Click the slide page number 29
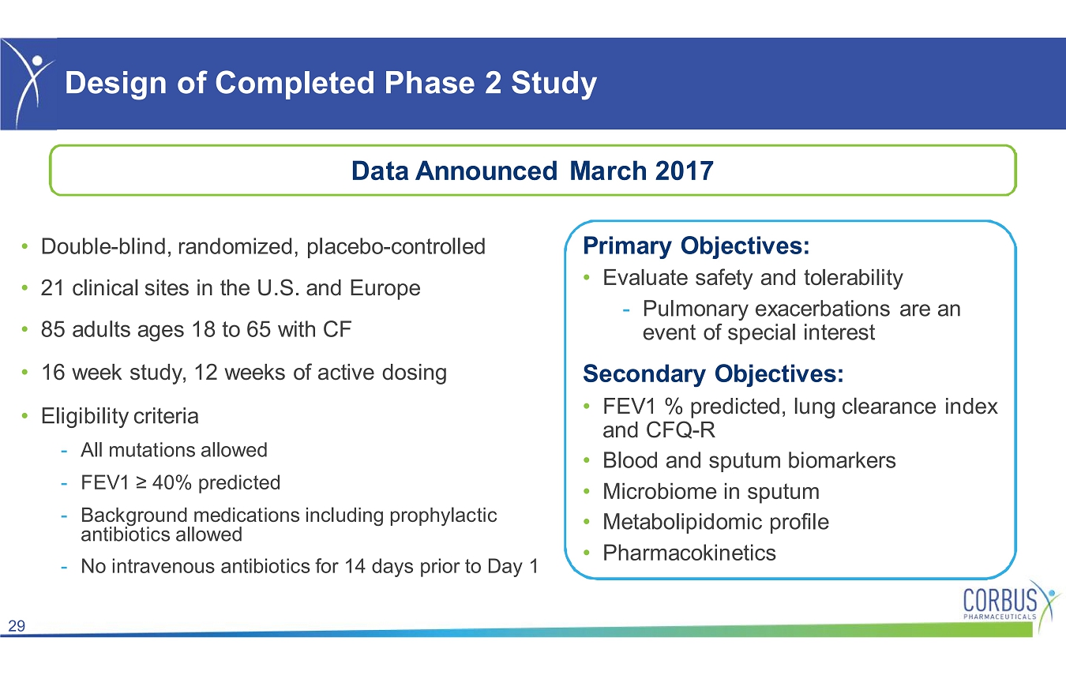click(17, 625)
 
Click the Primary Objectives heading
click(696, 246)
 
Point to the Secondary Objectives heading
click(713, 374)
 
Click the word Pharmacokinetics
click(689, 553)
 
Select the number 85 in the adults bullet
click(53, 330)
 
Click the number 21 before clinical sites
click(52, 288)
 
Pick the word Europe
click(385, 289)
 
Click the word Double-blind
click(106, 246)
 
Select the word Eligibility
click(84, 416)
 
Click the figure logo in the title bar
click(29, 84)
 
